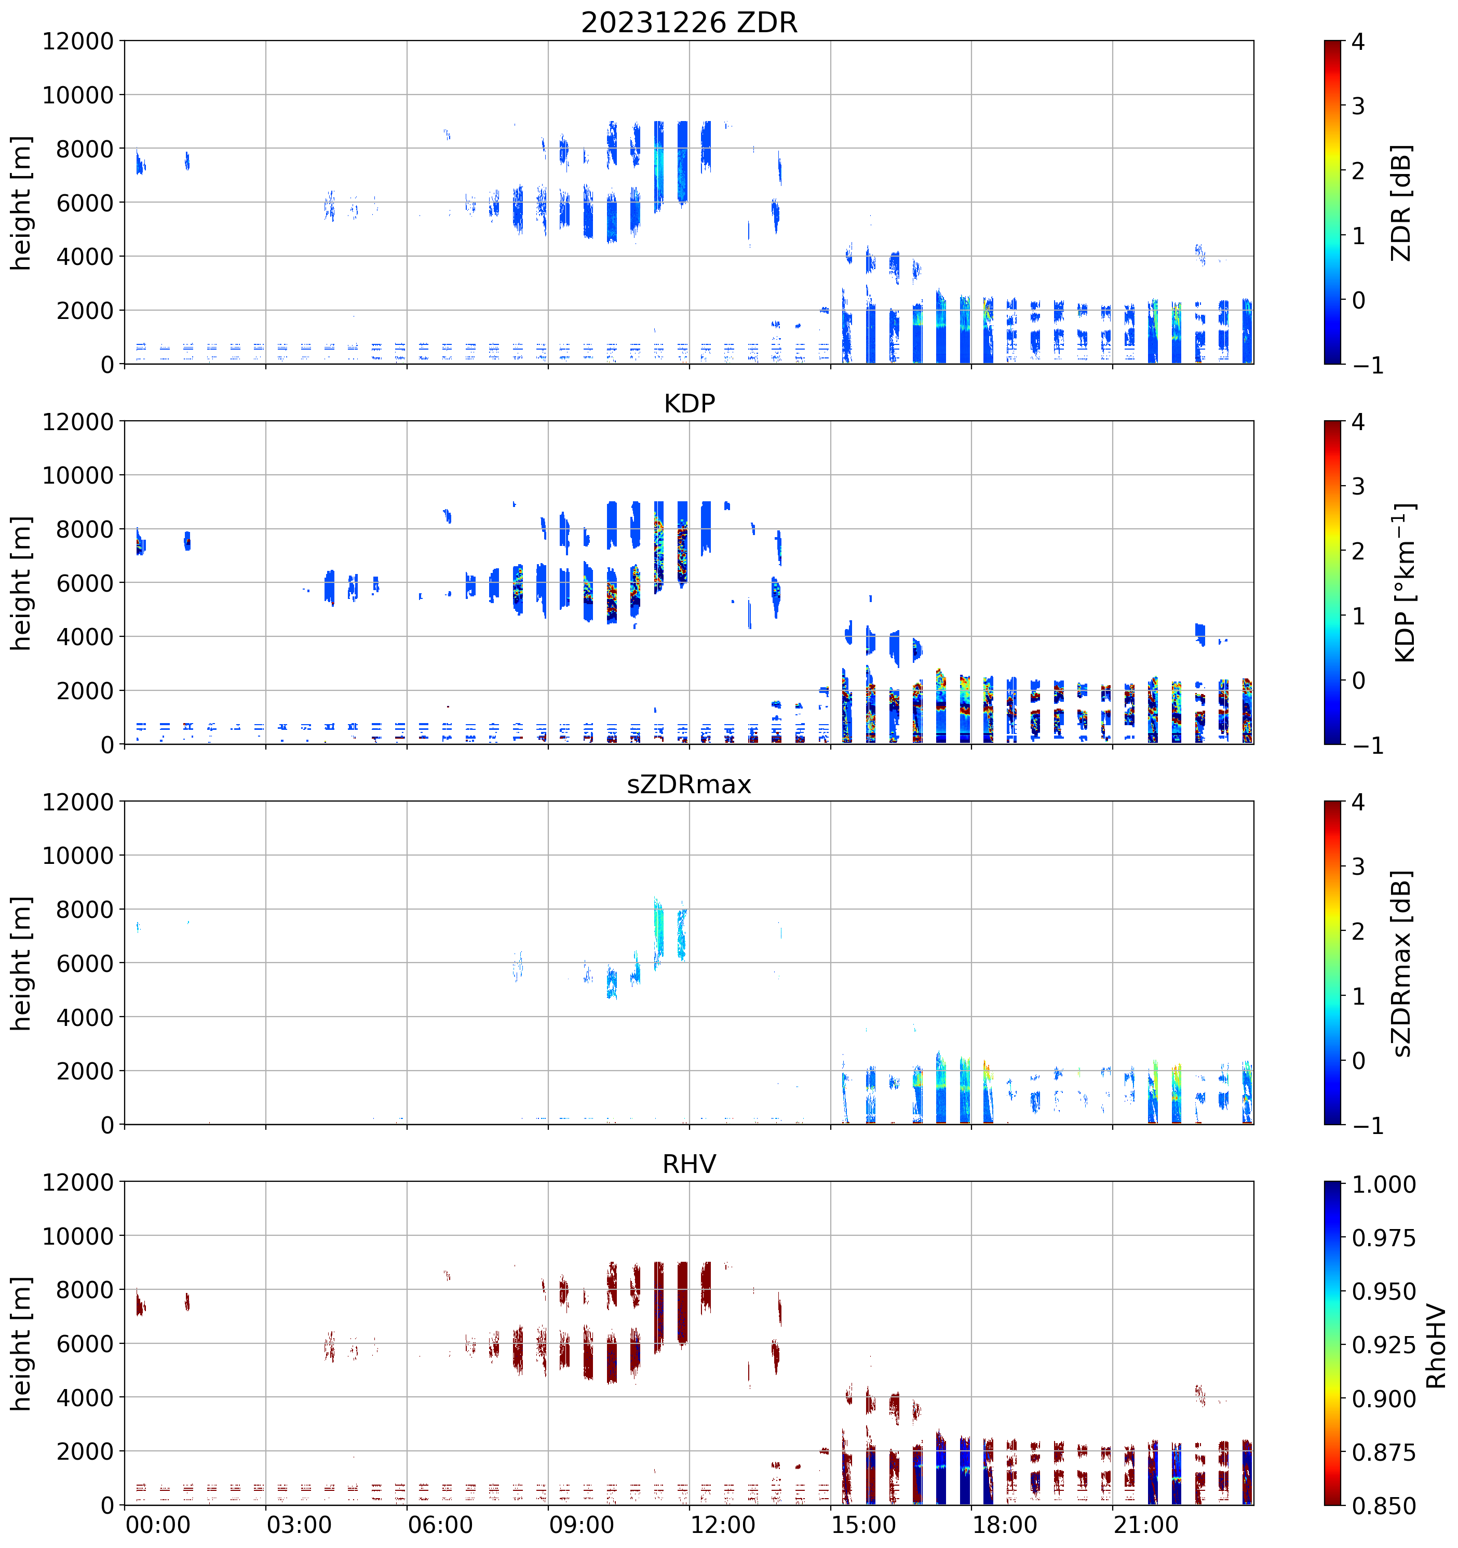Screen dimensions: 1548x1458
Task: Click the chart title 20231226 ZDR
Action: pos(689,22)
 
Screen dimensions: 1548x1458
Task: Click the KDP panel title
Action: pos(689,403)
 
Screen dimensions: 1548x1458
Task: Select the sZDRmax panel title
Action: pos(689,784)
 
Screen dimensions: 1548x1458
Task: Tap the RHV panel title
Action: pos(689,1164)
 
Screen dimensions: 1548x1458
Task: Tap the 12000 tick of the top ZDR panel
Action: pos(78,41)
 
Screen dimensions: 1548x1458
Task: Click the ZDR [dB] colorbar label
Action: pos(1401,203)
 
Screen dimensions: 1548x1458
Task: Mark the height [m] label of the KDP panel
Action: pos(22,582)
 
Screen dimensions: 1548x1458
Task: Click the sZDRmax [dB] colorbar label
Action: pos(1401,963)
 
